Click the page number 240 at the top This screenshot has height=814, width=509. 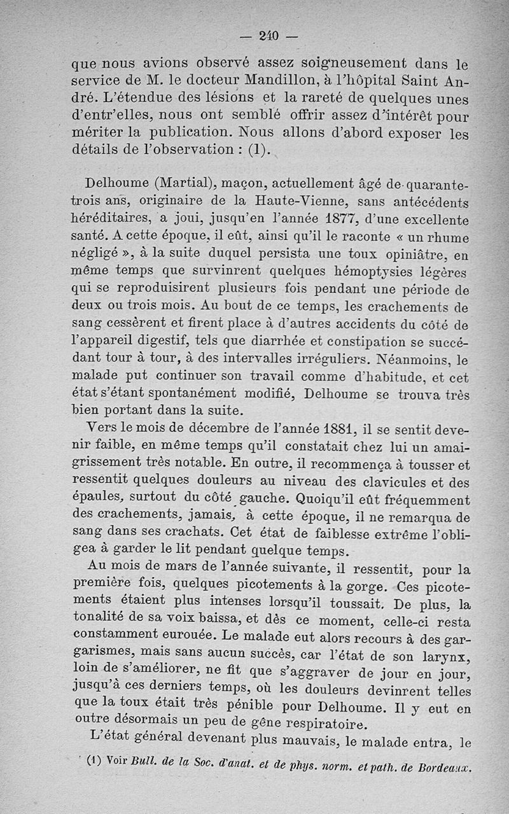point(270,37)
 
